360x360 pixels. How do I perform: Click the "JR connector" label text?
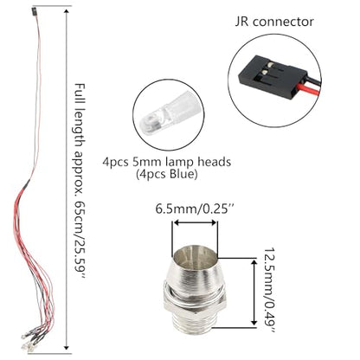274,22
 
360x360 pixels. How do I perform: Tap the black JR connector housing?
271,75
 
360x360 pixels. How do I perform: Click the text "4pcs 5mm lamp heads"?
167,162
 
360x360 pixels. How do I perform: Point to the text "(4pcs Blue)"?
167,175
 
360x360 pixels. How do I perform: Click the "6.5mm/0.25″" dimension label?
194,209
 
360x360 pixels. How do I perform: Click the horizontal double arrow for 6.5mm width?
195,222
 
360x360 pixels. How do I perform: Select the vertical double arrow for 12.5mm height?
254,292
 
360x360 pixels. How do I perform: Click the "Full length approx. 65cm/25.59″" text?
80,182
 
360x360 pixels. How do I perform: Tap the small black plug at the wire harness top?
34,12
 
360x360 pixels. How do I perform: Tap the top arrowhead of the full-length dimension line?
67,11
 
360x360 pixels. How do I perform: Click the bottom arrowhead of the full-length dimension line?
67,347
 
